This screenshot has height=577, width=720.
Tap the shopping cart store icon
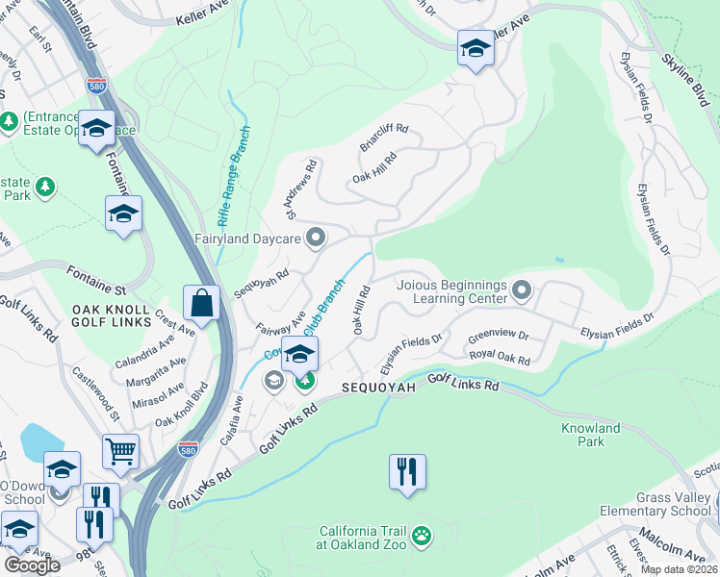pyautogui.click(x=120, y=450)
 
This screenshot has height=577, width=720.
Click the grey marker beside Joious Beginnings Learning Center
pyautogui.click(x=522, y=288)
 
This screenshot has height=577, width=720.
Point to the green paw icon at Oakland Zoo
pyautogui.click(x=421, y=534)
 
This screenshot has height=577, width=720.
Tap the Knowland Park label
pyautogui.click(x=591, y=435)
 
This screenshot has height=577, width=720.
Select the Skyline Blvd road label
pyautogui.click(x=683, y=76)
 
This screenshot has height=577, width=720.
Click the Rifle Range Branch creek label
pyautogui.click(x=235, y=173)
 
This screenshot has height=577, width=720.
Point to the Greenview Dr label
pyautogui.click(x=499, y=338)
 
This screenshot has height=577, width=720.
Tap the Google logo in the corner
pyautogui.click(x=33, y=565)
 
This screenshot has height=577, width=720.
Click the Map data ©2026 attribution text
pyautogui.click(x=679, y=569)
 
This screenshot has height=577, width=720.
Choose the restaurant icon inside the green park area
pyautogui.click(x=407, y=471)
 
